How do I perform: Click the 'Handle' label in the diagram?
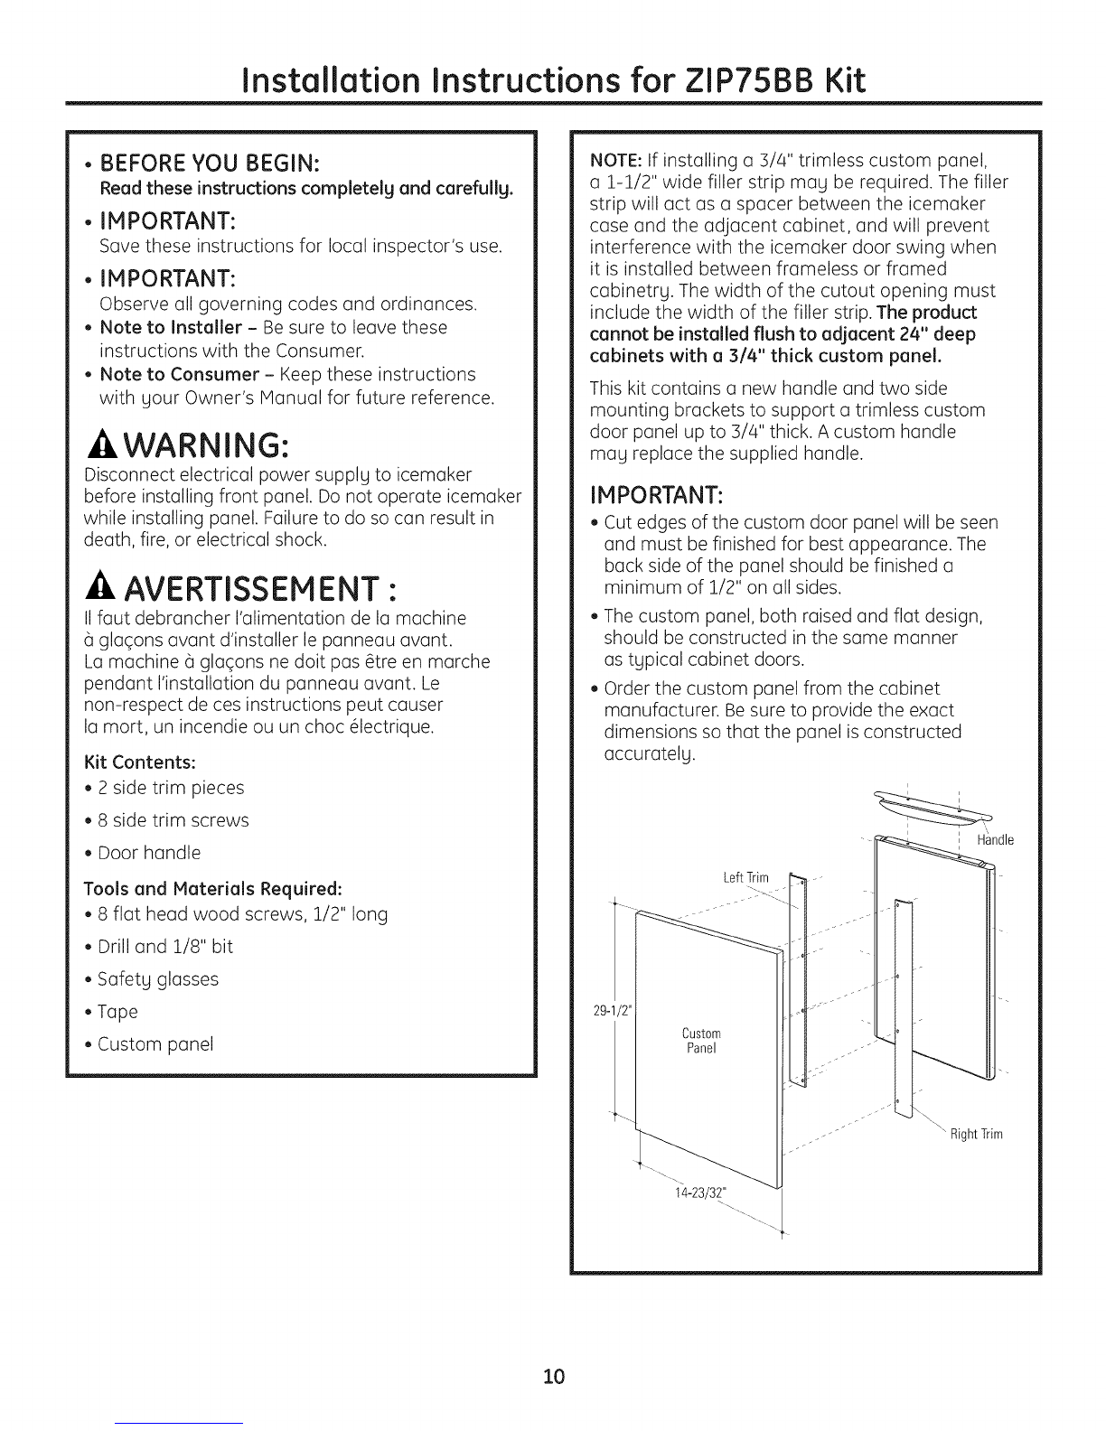tap(996, 840)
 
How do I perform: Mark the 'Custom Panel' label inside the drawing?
tap(701, 1041)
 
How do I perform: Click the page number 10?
tap(553, 1351)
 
